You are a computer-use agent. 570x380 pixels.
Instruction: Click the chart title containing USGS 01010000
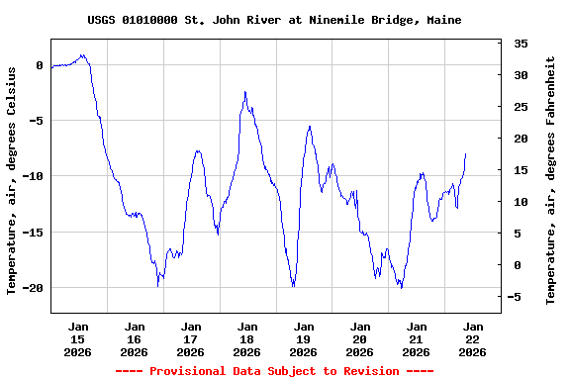point(274,20)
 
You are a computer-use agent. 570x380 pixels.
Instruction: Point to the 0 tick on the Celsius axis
point(40,65)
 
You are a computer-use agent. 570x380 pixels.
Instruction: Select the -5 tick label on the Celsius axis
point(36,121)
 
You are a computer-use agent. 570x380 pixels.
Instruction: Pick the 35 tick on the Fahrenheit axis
point(521,44)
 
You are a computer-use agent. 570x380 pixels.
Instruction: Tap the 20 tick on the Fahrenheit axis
point(521,139)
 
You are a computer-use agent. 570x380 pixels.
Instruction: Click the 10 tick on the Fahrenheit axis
point(521,202)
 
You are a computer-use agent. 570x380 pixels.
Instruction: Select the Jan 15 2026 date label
point(78,338)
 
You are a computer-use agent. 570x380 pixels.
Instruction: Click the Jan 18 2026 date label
point(247,338)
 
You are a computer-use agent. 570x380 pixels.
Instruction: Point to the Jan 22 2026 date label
point(473,338)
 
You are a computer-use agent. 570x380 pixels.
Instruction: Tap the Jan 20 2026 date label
point(360,338)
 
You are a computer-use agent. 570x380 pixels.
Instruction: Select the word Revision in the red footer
point(370,371)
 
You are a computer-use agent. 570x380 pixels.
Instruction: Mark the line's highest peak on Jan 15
point(83,55)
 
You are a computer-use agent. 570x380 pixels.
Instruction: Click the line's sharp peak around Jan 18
point(245,92)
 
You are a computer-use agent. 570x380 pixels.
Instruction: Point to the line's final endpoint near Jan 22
point(465,154)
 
